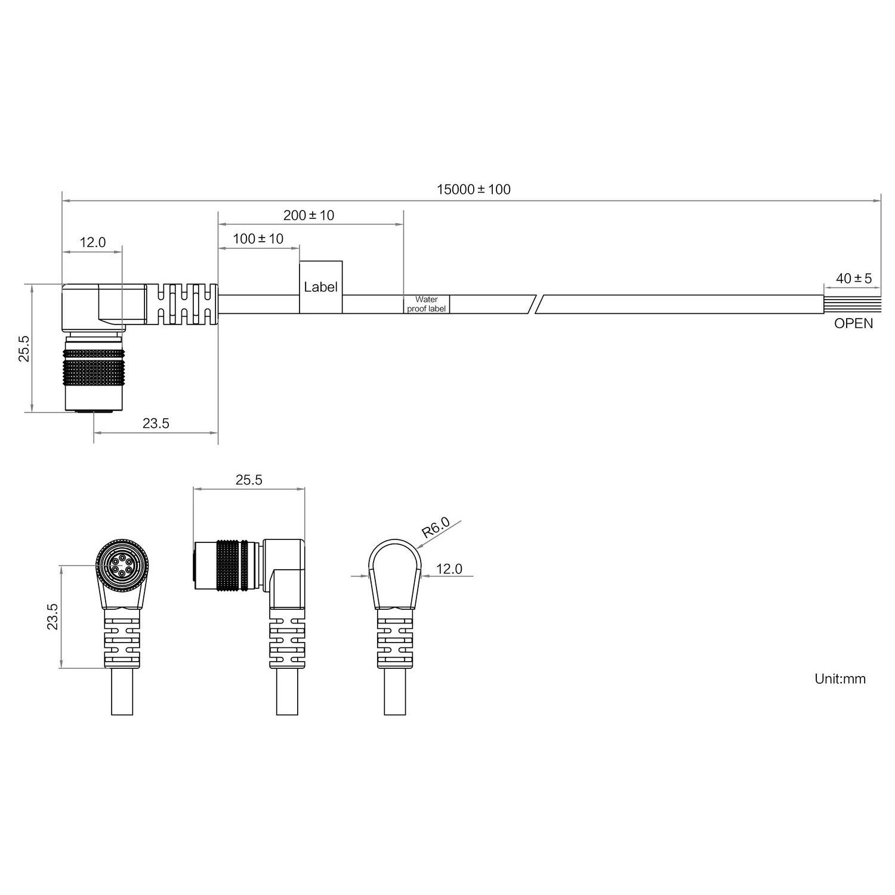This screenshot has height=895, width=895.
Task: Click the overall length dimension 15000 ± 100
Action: pos(473,190)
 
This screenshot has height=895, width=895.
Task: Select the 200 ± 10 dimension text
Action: pos(308,215)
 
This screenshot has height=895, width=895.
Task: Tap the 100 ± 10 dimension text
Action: pos(258,239)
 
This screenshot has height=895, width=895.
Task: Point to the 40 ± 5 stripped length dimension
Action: pos(853,279)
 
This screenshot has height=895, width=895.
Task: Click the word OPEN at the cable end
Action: pos(853,323)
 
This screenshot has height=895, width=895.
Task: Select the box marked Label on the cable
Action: pos(320,287)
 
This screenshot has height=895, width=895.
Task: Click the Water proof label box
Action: pos(426,304)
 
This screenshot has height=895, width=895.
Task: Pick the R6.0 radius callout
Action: pos(435,528)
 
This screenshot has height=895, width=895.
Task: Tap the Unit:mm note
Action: pos(840,678)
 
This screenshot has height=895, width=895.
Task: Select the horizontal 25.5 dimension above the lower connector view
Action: pos(248,480)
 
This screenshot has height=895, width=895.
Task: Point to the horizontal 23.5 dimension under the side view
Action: pos(156,424)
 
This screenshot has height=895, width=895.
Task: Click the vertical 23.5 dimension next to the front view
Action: pos(53,616)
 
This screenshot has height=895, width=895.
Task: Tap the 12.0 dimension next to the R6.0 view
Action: pos(449,569)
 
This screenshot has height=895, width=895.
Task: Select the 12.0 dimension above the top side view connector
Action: pos(92,242)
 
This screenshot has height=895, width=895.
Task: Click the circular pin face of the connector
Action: pos(122,564)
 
